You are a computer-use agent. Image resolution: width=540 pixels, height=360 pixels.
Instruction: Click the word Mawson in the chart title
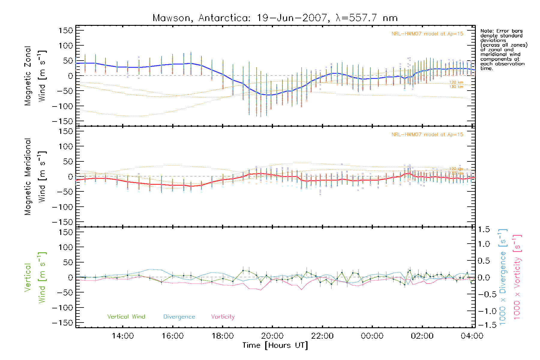tap(171, 18)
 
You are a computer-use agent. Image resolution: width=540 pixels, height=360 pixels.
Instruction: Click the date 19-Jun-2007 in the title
tap(292, 18)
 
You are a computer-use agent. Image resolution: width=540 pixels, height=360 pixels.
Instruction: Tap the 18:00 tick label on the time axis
tap(223, 336)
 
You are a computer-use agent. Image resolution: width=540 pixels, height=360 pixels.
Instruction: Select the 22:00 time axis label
tap(322, 336)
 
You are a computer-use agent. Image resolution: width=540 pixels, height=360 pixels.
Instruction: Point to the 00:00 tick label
tap(372, 336)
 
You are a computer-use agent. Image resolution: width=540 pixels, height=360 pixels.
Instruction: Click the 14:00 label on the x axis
tap(123, 336)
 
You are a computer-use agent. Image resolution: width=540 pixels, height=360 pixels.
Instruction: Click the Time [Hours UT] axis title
tap(275, 346)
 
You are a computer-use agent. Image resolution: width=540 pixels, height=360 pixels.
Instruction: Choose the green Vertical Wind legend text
tap(126, 317)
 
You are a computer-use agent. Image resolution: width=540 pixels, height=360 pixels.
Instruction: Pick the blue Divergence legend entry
tap(179, 317)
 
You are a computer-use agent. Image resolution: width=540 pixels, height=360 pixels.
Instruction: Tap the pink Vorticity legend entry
tap(223, 317)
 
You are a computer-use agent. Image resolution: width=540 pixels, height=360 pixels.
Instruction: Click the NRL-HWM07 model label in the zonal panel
tap(427, 34)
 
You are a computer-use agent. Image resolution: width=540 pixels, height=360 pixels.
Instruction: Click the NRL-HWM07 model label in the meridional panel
tap(427, 135)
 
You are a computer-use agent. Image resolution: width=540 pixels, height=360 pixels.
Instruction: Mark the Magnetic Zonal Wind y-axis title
tap(35, 76)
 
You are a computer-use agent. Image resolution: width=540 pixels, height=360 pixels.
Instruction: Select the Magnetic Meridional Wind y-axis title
tap(35, 177)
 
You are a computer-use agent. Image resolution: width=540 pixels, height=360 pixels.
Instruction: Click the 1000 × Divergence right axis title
tap(502, 277)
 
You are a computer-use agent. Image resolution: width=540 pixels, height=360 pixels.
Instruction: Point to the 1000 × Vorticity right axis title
tap(517, 277)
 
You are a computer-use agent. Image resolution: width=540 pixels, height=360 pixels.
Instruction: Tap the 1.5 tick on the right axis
tap(484, 229)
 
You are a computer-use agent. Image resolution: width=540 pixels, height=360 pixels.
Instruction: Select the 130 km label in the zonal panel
tap(456, 87)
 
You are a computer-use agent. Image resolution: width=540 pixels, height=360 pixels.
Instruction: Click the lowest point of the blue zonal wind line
tap(269, 95)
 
